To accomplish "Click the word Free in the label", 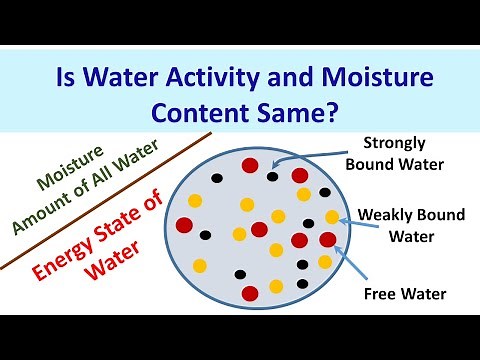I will pos(379,294).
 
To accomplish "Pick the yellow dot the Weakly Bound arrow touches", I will pos(333,217).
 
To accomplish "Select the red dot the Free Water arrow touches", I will pos(327,240).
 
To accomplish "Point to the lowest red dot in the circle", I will pos(251,292).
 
